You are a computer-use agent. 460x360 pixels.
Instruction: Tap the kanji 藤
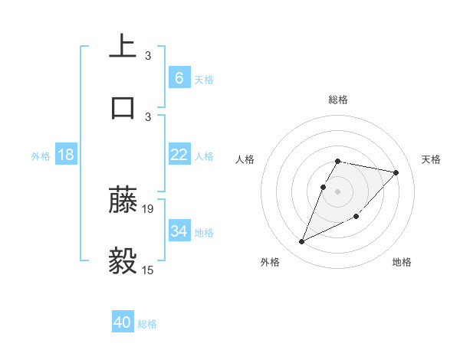123,200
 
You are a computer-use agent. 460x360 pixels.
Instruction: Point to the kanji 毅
123,260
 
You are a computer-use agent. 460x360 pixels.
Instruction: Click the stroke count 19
148,208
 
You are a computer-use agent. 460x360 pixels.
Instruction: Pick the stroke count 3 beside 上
148,55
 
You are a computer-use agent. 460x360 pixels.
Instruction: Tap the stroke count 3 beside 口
148,116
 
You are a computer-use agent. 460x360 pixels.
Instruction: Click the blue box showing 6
179,77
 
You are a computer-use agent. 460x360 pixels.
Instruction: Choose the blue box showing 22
179,155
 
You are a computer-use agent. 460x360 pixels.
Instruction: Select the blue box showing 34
179,231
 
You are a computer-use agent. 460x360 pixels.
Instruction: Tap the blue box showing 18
66,155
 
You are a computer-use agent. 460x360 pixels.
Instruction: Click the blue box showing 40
123,322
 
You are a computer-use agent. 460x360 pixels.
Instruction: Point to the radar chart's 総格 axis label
338,100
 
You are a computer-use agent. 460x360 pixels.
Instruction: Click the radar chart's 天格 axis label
431,159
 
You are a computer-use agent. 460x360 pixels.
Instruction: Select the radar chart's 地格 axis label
402,262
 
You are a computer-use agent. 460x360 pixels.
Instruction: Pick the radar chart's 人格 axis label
245,159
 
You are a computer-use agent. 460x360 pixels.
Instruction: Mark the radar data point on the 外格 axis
301,242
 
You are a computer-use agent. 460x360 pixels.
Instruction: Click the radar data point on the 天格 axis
396,172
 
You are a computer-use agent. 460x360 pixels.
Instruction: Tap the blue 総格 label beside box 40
147,324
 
